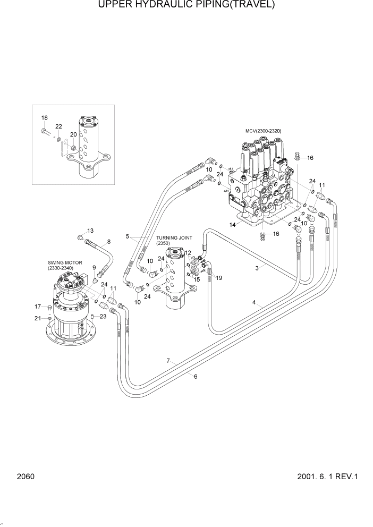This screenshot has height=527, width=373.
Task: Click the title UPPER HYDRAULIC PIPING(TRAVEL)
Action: point(186,5)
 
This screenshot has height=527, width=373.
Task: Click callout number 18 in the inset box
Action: point(45,118)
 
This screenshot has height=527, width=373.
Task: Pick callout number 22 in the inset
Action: point(58,126)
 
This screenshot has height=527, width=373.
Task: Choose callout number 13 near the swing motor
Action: point(90,231)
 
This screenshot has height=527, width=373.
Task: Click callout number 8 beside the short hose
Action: point(109,242)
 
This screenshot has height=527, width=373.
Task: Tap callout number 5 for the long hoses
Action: point(128,236)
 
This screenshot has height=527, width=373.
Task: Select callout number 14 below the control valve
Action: point(232,225)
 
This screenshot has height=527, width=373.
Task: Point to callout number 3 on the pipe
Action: point(257,269)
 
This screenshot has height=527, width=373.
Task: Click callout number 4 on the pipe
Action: point(255,303)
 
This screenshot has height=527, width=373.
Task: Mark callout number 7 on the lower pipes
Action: point(168,361)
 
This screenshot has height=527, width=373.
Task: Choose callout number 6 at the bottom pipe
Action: point(196,377)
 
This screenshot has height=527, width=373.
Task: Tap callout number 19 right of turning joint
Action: point(219,278)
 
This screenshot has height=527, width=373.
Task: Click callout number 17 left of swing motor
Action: point(38,307)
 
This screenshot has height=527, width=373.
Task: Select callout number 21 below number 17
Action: point(38,318)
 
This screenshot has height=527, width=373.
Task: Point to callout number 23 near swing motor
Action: point(103,317)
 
